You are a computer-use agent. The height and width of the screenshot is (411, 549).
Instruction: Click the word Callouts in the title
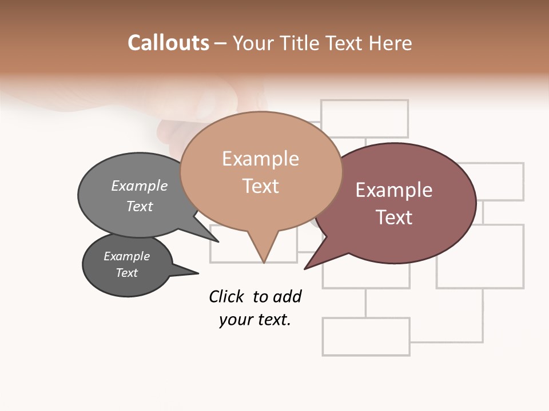[x=168, y=43]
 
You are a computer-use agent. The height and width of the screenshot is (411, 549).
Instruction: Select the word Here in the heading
[x=390, y=43]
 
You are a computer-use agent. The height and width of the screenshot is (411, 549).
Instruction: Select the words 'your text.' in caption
[x=254, y=320]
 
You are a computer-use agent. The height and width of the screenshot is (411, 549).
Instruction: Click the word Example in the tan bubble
[x=260, y=159]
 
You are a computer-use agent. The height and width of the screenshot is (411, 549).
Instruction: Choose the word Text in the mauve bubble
[x=393, y=217]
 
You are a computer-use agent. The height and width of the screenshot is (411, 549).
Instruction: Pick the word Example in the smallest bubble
[x=126, y=256]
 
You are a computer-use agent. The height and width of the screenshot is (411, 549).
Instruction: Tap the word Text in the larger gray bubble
[x=140, y=206]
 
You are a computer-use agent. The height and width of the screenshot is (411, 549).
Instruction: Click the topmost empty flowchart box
[x=364, y=118]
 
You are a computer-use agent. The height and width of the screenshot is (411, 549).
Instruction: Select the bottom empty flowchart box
[x=366, y=337]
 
